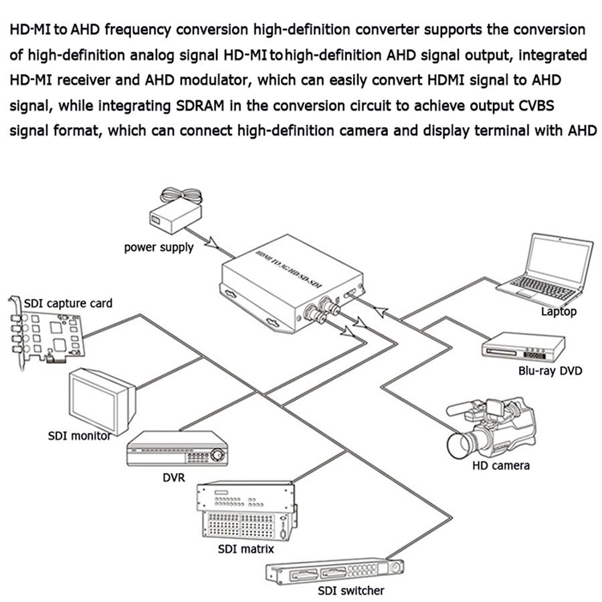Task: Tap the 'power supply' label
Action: (159, 247)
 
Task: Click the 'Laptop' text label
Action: (559, 311)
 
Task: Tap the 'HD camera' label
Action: (502, 465)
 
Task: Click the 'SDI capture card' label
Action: (68, 303)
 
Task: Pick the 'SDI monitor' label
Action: (79, 436)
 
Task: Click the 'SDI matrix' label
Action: (246, 550)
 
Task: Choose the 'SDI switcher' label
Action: (352, 591)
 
